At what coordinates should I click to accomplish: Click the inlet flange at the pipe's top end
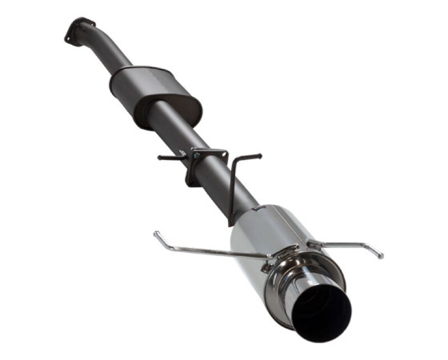(78, 30)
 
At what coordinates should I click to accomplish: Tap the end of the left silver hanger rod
(156, 233)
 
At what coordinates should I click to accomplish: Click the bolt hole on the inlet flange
(68, 39)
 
